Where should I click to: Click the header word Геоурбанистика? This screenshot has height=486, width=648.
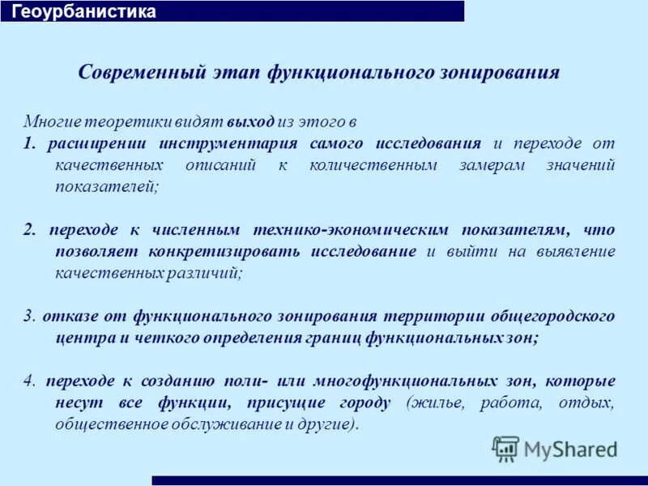coord(83,12)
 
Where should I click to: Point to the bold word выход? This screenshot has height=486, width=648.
coord(250,122)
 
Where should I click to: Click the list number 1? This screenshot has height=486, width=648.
coord(28,143)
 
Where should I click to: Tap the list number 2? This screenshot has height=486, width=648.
coord(29,229)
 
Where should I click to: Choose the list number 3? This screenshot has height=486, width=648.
coord(28,316)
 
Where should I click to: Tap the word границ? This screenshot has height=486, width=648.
coord(333,338)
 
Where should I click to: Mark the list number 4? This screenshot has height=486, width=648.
coord(28,381)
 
